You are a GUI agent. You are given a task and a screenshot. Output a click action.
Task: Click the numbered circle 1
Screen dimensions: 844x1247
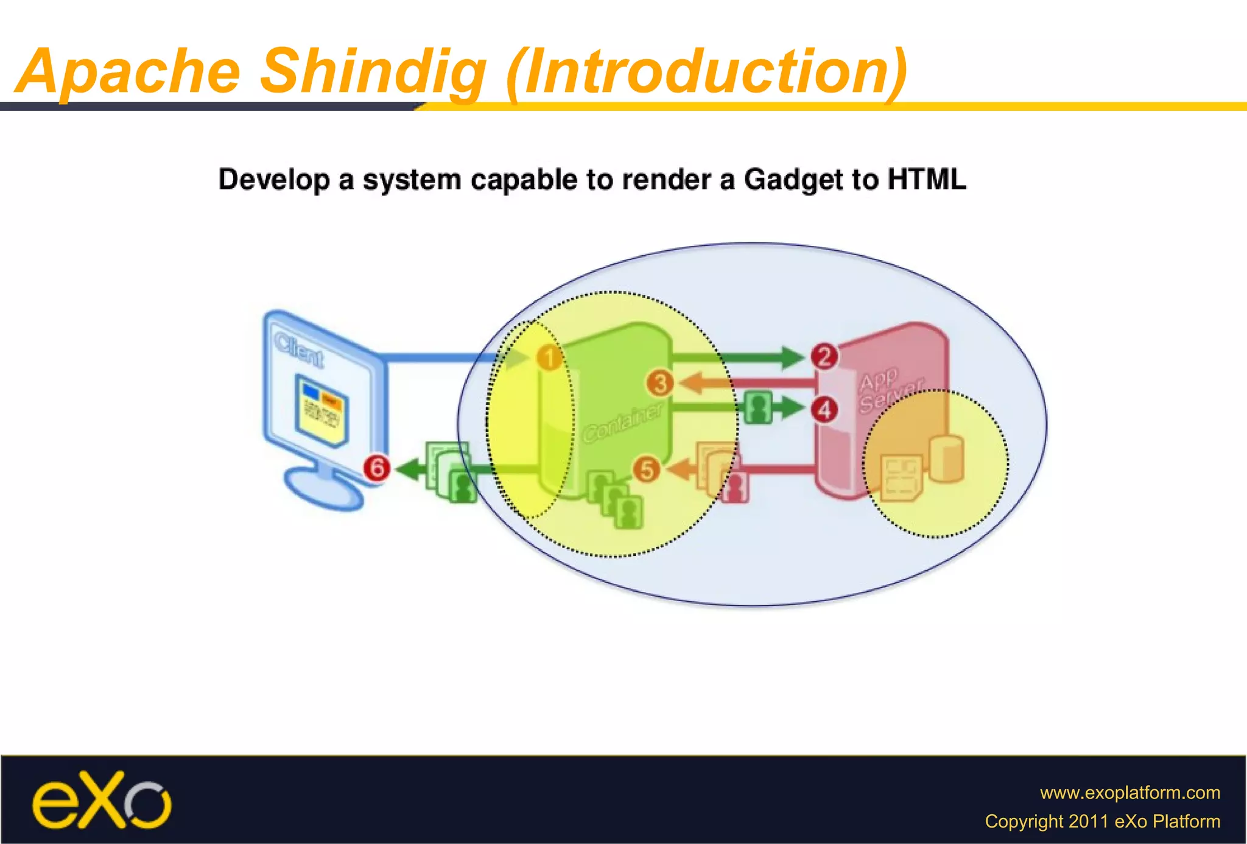pyautogui.click(x=549, y=357)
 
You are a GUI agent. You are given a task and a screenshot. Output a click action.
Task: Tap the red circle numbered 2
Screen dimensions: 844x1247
pyautogui.click(x=824, y=356)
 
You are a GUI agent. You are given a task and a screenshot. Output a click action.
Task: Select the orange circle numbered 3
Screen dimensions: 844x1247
pyautogui.click(x=659, y=384)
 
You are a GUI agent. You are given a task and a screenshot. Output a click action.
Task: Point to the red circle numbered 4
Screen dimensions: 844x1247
pyautogui.click(x=824, y=410)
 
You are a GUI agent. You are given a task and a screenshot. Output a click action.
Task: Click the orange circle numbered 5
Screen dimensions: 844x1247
pyautogui.click(x=647, y=469)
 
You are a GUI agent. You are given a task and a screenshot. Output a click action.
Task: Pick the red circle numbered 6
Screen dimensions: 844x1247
pyautogui.click(x=377, y=468)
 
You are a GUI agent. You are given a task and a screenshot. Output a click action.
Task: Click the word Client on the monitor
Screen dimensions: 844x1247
pyautogui.click(x=298, y=351)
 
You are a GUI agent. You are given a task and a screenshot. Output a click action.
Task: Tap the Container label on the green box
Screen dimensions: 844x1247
pyautogui.click(x=622, y=423)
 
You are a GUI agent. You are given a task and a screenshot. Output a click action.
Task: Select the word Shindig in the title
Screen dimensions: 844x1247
pyautogui.click(x=373, y=72)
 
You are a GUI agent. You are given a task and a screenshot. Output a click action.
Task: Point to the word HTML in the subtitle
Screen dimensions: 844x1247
pyautogui.click(x=926, y=180)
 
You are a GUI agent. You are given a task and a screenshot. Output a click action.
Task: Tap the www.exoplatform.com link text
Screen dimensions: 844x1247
pyautogui.click(x=1129, y=792)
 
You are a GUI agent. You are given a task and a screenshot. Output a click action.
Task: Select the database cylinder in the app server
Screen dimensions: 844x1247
pyautogui.click(x=946, y=458)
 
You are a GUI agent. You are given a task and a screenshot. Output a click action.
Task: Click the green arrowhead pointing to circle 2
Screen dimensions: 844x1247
pyautogui.click(x=792, y=357)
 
